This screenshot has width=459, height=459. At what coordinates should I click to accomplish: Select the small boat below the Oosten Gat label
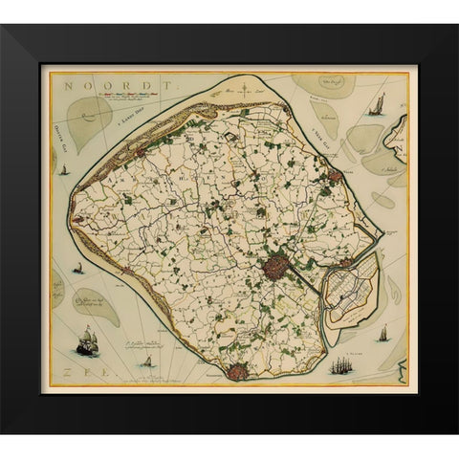tap(64, 171)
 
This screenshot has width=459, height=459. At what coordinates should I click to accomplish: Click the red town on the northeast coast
tap(333, 176)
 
